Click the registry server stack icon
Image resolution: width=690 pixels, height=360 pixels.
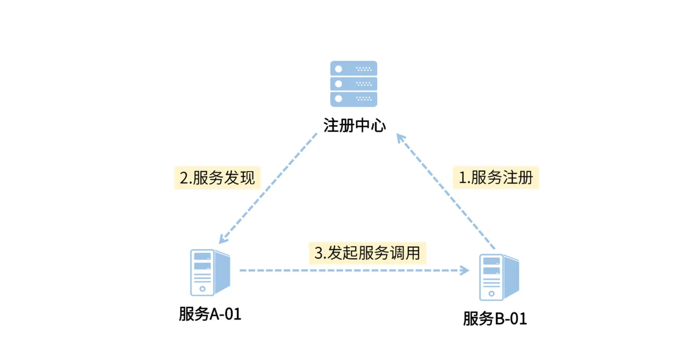pyautogui.click(x=353, y=83)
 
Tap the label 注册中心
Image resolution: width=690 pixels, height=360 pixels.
pyautogui.click(x=355, y=125)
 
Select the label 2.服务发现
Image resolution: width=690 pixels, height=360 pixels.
pyautogui.click(x=217, y=178)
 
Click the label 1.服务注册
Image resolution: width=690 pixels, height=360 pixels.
pyautogui.click(x=496, y=178)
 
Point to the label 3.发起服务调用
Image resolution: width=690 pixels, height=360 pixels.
pyautogui.click(x=367, y=253)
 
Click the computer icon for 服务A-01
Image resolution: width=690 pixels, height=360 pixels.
pyautogui.click(x=209, y=272)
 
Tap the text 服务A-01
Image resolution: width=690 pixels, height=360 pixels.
pyautogui.click(x=210, y=314)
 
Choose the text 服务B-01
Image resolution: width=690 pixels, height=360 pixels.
pyautogui.click(x=495, y=319)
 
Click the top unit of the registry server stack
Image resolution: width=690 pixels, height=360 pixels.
pyautogui.click(x=353, y=68)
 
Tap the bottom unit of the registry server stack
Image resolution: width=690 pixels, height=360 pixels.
pyautogui.click(x=353, y=98)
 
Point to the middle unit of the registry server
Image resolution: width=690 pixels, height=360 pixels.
pyautogui.click(x=353, y=83)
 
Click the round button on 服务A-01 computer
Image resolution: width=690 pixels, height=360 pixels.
pyautogui.click(x=202, y=289)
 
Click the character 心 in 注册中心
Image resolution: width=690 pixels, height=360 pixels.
pyautogui.click(x=378, y=125)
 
